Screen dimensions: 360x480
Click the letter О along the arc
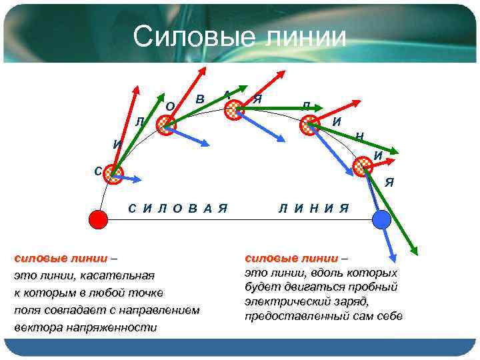coord(170,106)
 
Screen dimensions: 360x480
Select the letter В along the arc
coord(200,99)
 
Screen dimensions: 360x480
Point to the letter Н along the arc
coord(359,137)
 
